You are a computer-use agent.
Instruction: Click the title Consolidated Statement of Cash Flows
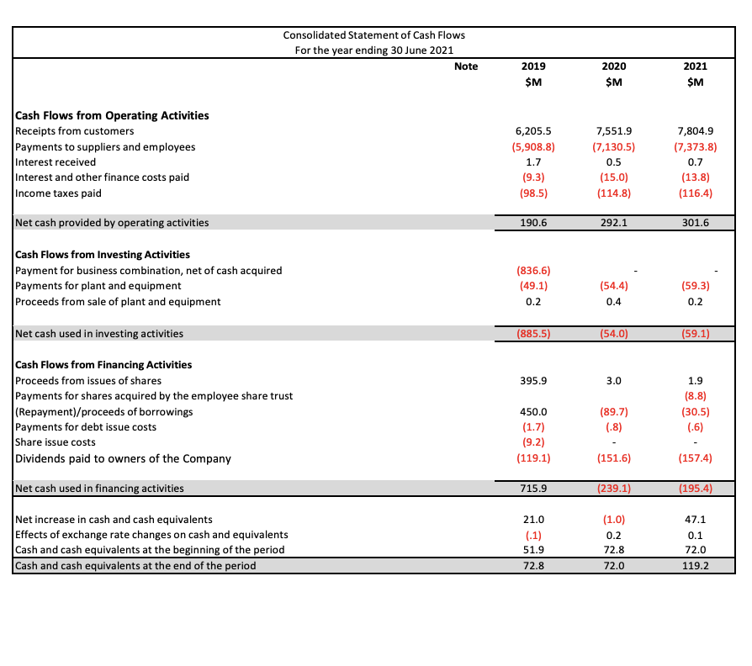[x=373, y=35]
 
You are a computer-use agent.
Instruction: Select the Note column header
[x=465, y=66]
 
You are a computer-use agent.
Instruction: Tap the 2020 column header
[x=614, y=66]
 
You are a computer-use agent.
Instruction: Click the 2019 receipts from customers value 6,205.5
[x=532, y=131]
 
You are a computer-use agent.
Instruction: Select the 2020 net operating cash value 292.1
[x=614, y=223]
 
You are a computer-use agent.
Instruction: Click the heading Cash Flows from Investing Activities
[x=103, y=254]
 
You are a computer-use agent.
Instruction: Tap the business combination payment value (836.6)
[x=532, y=270]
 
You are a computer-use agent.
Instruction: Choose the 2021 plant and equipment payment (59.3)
[x=695, y=286]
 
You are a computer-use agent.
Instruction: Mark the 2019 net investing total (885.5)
[x=532, y=333]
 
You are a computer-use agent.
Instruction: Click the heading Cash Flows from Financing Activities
[x=103, y=364]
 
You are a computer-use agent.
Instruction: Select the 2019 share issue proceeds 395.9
[x=532, y=380]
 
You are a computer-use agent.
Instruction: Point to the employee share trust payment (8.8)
[x=695, y=395]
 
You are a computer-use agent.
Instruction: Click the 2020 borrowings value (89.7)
[x=614, y=411]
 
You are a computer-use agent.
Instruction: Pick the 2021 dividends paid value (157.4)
[x=695, y=458]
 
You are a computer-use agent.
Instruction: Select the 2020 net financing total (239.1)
[x=614, y=488]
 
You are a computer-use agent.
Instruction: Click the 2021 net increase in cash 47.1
[x=695, y=519]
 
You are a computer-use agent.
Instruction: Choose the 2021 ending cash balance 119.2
[x=695, y=566]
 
